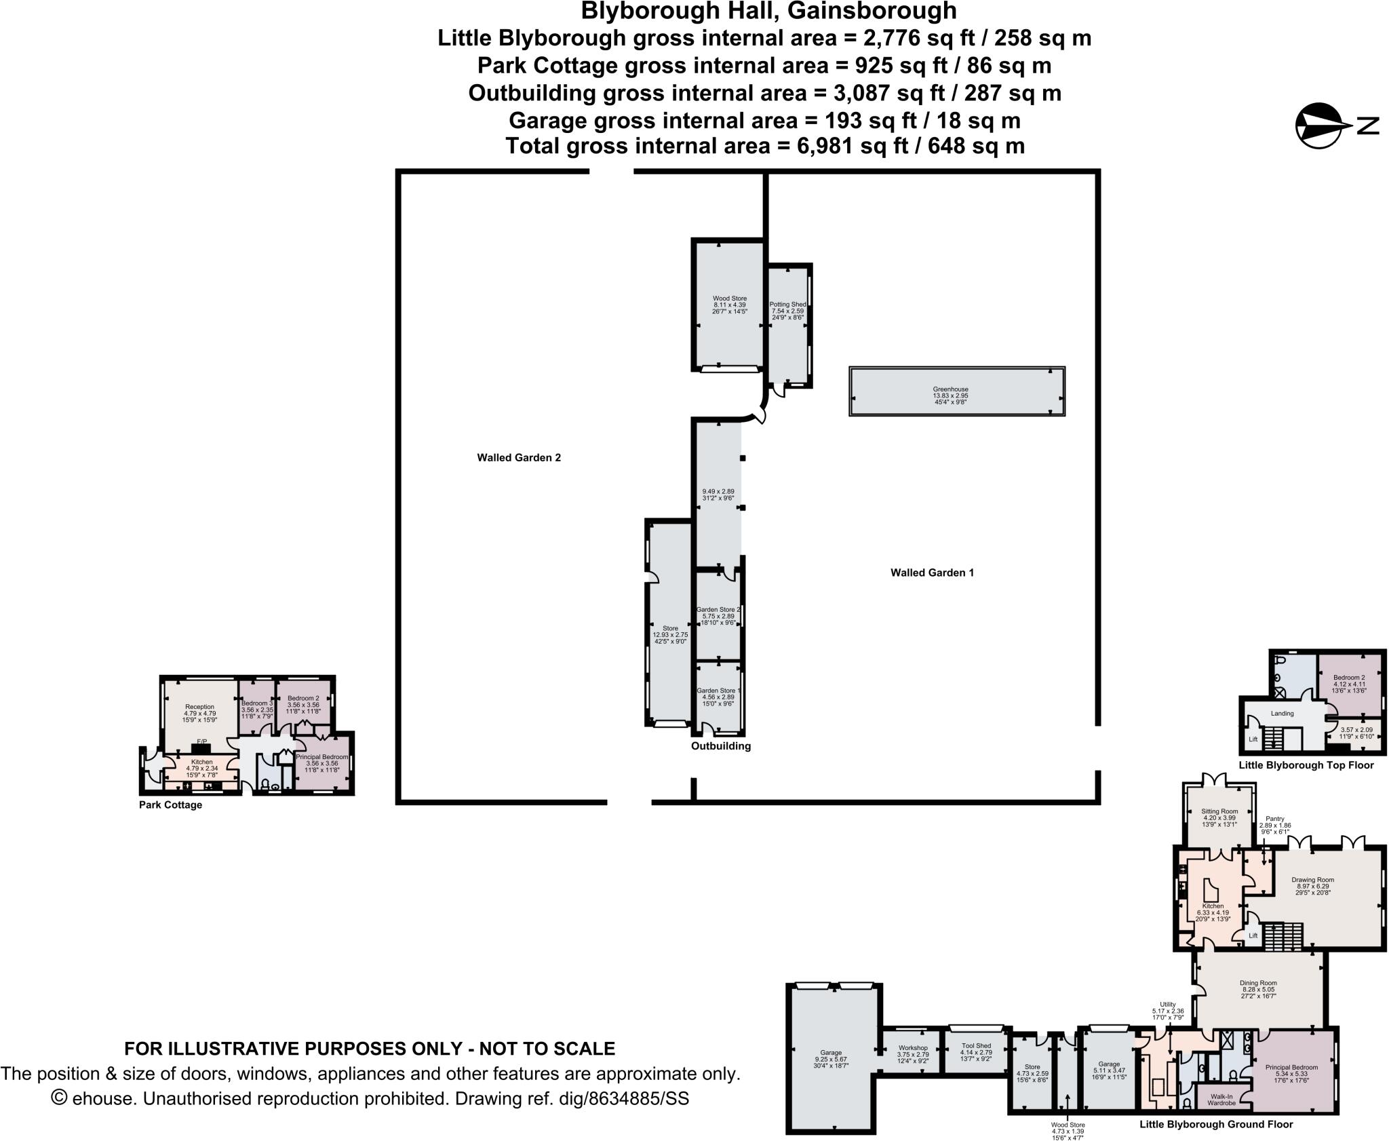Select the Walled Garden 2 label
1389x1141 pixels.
[519, 458]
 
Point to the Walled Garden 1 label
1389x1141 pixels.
[932, 573]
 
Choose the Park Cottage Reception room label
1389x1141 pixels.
[199, 707]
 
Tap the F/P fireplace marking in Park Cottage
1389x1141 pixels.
[201, 741]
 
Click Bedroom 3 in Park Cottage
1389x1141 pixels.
[257, 703]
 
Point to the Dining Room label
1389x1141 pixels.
[1258, 983]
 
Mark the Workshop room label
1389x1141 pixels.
[912, 1048]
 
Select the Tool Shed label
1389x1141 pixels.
[975, 1046]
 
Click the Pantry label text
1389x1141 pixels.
[1275, 819]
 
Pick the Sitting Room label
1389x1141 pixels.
[1219, 811]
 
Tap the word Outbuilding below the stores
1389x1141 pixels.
[720, 746]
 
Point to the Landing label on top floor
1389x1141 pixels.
[1282, 714]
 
